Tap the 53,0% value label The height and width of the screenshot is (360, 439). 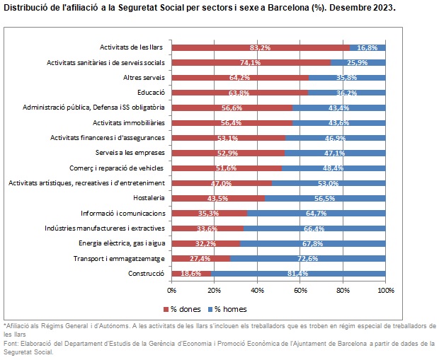pos(328,183)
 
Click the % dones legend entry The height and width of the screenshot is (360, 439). pos(186,308)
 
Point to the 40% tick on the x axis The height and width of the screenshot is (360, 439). pos(257,290)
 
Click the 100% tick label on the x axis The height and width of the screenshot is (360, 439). pos(385,290)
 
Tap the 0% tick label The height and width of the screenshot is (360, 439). pos(172,290)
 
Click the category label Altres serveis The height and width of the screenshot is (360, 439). pos(144,77)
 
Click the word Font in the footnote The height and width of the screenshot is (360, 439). pos(11,342)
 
